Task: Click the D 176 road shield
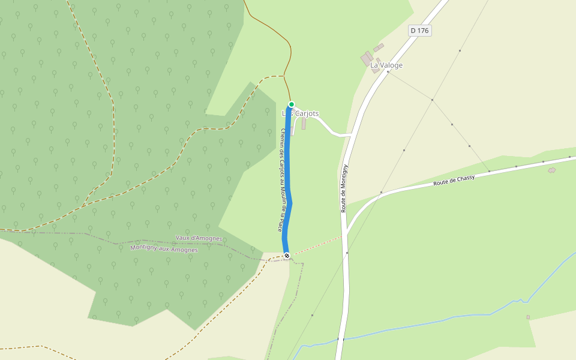tap(420, 30)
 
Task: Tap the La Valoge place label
tap(386, 65)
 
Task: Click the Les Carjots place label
tap(301, 113)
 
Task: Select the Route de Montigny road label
tap(344, 188)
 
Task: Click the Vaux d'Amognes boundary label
tap(199, 238)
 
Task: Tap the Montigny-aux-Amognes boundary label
tap(164, 248)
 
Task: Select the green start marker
tap(291, 104)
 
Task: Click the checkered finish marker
tap(287, 256)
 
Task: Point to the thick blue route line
tap(288, 180)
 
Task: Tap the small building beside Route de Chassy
tap(552, 170)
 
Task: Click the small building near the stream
tap(528, 317)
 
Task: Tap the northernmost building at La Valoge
tap(379, 47)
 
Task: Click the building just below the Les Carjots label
tap(304, 124)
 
